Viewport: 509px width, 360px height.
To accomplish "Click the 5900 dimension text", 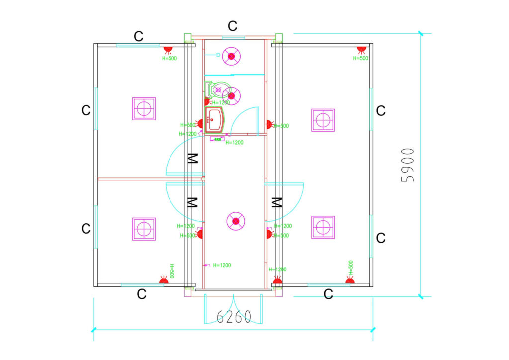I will [x=408, y=165].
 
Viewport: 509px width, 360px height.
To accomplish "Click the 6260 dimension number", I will [x=234, y=317].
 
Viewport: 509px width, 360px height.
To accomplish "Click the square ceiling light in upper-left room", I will [x=144, y=108].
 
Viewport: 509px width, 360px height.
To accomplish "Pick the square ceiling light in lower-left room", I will [x=144, y=229].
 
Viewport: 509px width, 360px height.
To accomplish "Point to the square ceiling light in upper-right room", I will [x=323, y=120].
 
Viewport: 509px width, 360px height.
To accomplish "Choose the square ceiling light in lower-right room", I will [x=323, y=227].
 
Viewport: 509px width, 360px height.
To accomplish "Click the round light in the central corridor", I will [x=236, y=221].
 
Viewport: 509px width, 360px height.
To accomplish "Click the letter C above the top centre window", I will [x=232, y=26].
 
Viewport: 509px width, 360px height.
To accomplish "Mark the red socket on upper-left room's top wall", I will [x=168, y=50].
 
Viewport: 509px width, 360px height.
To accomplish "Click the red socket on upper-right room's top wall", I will [x=361, y=50].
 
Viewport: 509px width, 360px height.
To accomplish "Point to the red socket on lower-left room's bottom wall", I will [x=162, y=281].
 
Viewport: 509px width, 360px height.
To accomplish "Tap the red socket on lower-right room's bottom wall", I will [x=350, y=281].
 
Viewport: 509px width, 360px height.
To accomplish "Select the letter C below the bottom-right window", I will [x=328, y=294].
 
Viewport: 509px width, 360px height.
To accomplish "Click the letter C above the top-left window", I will [x=139, y=36].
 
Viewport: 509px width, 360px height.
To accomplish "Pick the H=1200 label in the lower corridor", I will [x=222, y=265].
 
